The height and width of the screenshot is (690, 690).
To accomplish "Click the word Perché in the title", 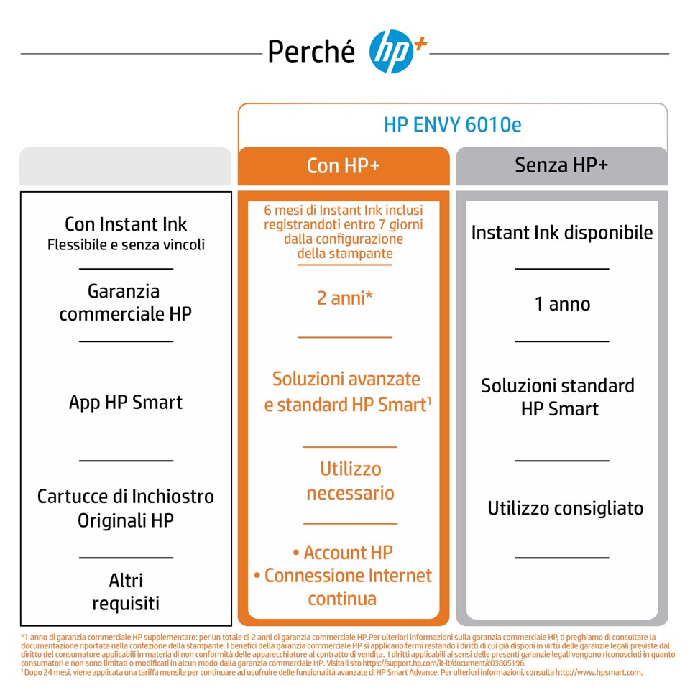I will pos(311,52).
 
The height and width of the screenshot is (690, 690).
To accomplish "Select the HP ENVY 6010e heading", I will pos(452,125).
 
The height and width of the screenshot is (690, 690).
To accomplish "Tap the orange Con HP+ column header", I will pos(344,165).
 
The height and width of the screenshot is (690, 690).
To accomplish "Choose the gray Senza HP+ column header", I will pos(561,165).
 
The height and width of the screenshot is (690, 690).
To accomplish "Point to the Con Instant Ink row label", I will pos(126,225).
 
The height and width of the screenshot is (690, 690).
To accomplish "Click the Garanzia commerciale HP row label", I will pos(126,303).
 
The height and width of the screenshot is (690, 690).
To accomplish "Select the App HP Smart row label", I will pos(126,402).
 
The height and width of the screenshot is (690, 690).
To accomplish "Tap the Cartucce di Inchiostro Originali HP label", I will pos(126,507).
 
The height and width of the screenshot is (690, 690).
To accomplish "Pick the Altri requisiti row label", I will pos(126,592).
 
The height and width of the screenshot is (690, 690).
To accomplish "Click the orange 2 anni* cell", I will pos(344,298).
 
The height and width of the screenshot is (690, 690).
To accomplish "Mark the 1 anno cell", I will pos(562,304).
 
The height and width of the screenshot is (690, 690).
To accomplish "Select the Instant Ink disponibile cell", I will pos(562,233).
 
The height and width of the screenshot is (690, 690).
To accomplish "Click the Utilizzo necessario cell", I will pos(350,481).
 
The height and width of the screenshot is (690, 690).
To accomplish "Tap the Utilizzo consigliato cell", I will pos(565,509).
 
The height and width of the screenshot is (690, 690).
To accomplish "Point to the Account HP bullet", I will pos(343,553).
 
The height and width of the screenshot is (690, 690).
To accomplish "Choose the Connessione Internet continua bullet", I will pos(343,586).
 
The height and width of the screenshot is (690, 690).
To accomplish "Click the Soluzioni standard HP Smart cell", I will pos(558,397).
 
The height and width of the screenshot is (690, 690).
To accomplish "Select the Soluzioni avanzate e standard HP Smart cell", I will pos(347,392).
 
